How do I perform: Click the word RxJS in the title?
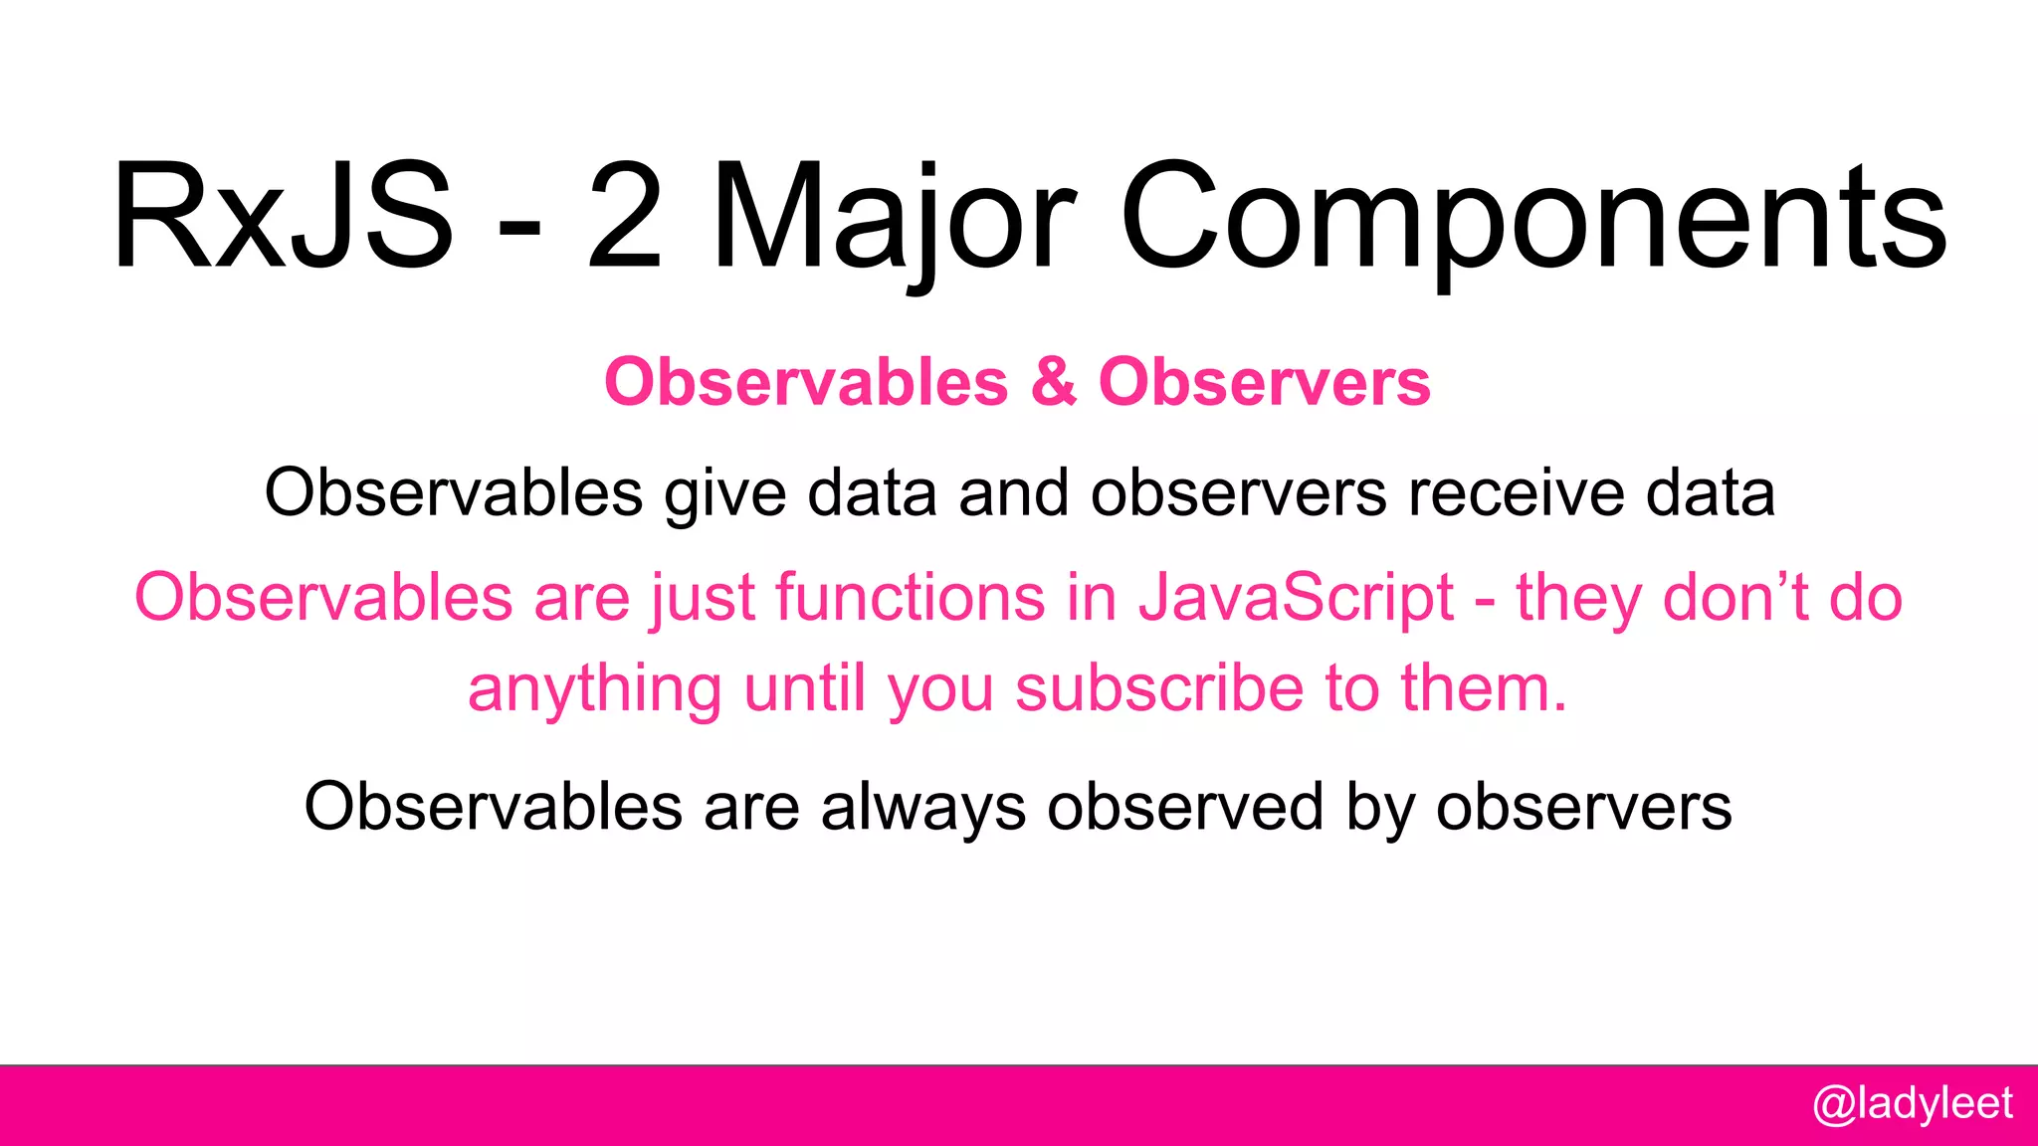pos(284,217)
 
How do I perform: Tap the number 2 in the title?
pos(624,217)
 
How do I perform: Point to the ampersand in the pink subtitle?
pos(1053,382)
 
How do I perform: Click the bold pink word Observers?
pos(1264,382)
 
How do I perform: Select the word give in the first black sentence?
pos(725,493)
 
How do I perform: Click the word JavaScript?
pos(1296,599)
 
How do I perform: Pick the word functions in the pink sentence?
pos(910,599)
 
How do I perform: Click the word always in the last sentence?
pos(922,808)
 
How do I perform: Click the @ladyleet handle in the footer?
pos(1912,1104)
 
